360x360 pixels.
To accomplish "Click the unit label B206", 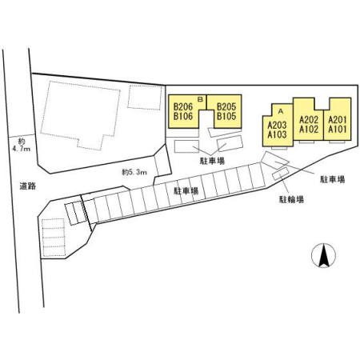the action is point(183,107).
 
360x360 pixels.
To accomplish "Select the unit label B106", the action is point(183,116).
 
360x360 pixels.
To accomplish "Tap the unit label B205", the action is point(226,107).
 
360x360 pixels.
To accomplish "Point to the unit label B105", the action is point(226,116).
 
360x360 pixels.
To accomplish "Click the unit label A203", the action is point(278,125).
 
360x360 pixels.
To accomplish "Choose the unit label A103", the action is point(278,134).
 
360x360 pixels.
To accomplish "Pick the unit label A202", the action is point(309,120).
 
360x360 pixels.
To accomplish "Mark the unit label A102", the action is point(309,130).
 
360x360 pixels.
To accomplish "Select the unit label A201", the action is point(338,120).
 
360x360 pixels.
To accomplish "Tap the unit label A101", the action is point(338,130).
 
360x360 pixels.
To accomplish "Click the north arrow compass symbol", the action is point(323,255).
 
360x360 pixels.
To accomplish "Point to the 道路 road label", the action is point(28,186).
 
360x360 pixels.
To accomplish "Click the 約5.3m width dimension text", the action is point(134,172).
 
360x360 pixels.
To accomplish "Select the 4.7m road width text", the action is point(22,149).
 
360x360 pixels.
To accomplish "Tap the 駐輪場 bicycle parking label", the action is point(291,199).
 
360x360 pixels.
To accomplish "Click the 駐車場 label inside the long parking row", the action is point(186,191).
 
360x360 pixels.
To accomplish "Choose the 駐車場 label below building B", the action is point(212,161).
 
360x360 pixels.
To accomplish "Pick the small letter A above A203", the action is point(280,111).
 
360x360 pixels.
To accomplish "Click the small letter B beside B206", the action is point(201,99).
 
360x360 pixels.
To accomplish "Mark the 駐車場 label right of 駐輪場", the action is point(333,179).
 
